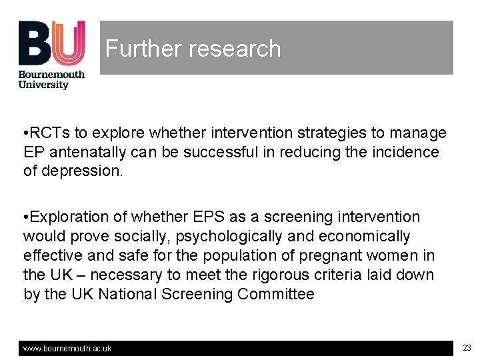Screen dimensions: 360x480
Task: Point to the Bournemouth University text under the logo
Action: (x=51, y=79)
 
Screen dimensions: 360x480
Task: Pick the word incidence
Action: (x=407, y=152)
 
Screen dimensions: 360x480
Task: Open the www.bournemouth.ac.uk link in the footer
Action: (x=67, y=349)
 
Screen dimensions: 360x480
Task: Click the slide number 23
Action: (x=467, y=348)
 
